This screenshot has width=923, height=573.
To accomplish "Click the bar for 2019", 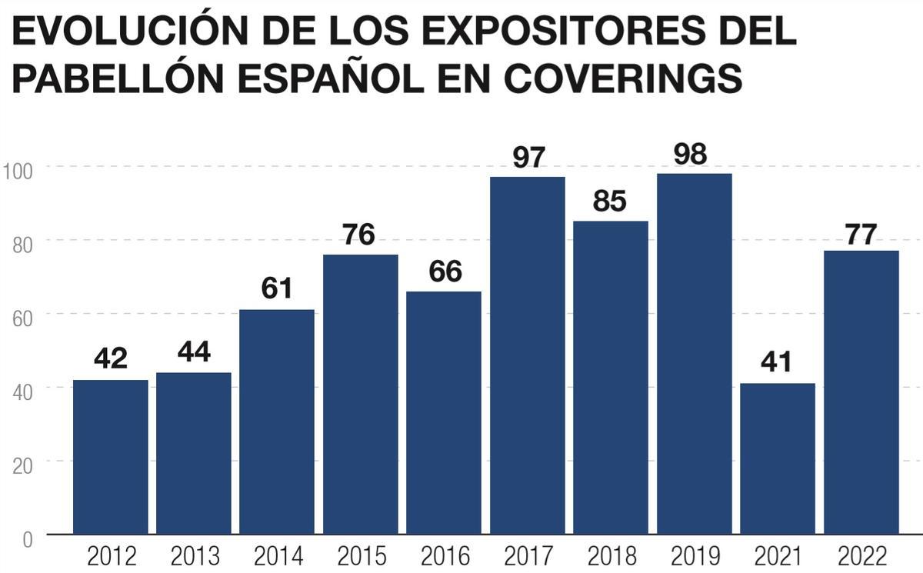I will (694, 354).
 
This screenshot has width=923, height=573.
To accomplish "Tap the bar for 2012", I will (110, 457).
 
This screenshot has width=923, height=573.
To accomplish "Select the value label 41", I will (777, 362).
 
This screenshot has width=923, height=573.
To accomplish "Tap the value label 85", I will (610, 202).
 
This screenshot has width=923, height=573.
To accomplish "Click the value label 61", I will (277, 289).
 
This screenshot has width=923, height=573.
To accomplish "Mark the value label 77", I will (861, 234).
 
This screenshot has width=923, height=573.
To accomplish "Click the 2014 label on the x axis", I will (277, 555).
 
